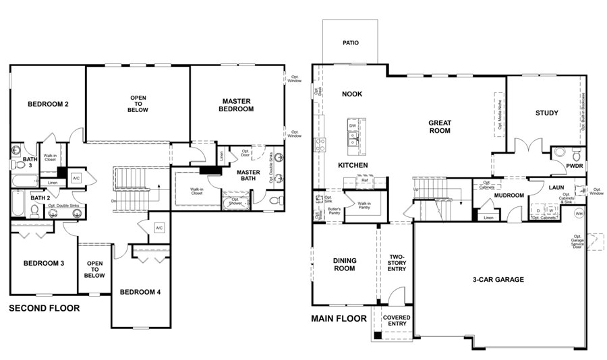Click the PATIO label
pyautogui.click(x=350, y=43)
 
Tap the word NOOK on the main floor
pyautogui.click(x=351, y=94)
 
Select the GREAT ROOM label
pyautogui.click(x=439, y=127)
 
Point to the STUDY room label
pyautogui.click(x=546, y=113)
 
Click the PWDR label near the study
pyautogui.click(x=574, y=164)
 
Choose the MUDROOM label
pyautogui.click(x=509, y=196)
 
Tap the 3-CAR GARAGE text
pyautogui.click(x=498, y=279)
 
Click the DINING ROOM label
pyautogui.click(x=344, y=264)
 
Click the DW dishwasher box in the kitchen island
pyautogui.click(x=352, y=126)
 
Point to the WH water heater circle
pyautogui.click(x=579, y=214)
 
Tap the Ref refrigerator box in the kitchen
pyautogui.click(x=364, y=180)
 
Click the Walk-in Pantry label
pyautogui.click(x=364, y=205)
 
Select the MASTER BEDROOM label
pyautogui.click(x=237, y=105)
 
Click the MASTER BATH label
pyautogui.click(x=248, y=176)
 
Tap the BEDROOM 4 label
pyautogui.click(x=140, y=292)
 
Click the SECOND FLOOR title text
pyautogui.click(x=44, y=309)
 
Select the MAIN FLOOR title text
pyautogui.click(x=339, y=319)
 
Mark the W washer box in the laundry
pyautogui.click(x=550, y=210)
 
